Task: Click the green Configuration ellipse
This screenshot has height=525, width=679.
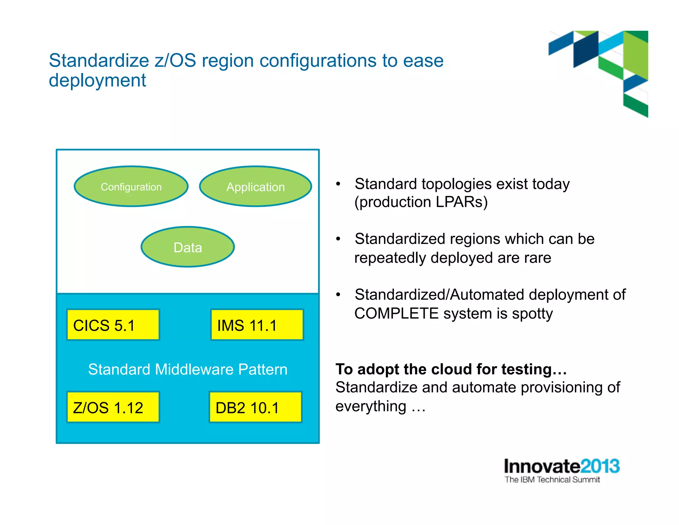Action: (x=131, y=187)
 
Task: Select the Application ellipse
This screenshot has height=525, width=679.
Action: (x=255, y=187)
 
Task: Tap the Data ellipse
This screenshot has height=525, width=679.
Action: (x=188, y=247)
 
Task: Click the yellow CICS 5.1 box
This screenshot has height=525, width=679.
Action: (x=113, y=325)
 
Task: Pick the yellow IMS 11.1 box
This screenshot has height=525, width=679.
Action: (x=257, y=325)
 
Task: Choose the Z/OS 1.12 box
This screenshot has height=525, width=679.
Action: (x=113, y=408)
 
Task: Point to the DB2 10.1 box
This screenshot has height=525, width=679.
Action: (x=255, y=408)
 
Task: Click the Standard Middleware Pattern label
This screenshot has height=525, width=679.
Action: (x=188, y=369)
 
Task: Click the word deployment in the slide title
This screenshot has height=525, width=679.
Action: (x=97, y=80)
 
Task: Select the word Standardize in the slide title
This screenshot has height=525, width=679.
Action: (x=99, y=60)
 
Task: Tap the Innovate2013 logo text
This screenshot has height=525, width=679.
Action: (x=562, y=466)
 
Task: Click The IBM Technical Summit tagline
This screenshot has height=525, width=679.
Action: (x=552, y=480)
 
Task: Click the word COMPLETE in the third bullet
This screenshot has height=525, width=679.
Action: (x=396, y=314)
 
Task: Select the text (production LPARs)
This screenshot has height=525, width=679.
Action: (x=421, y=202)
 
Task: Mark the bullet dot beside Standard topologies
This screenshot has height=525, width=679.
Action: (x=338, y=184)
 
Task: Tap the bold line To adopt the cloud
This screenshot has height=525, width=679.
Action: (x=451, y=369)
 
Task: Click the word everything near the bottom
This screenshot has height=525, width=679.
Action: (x=371, y=407)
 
